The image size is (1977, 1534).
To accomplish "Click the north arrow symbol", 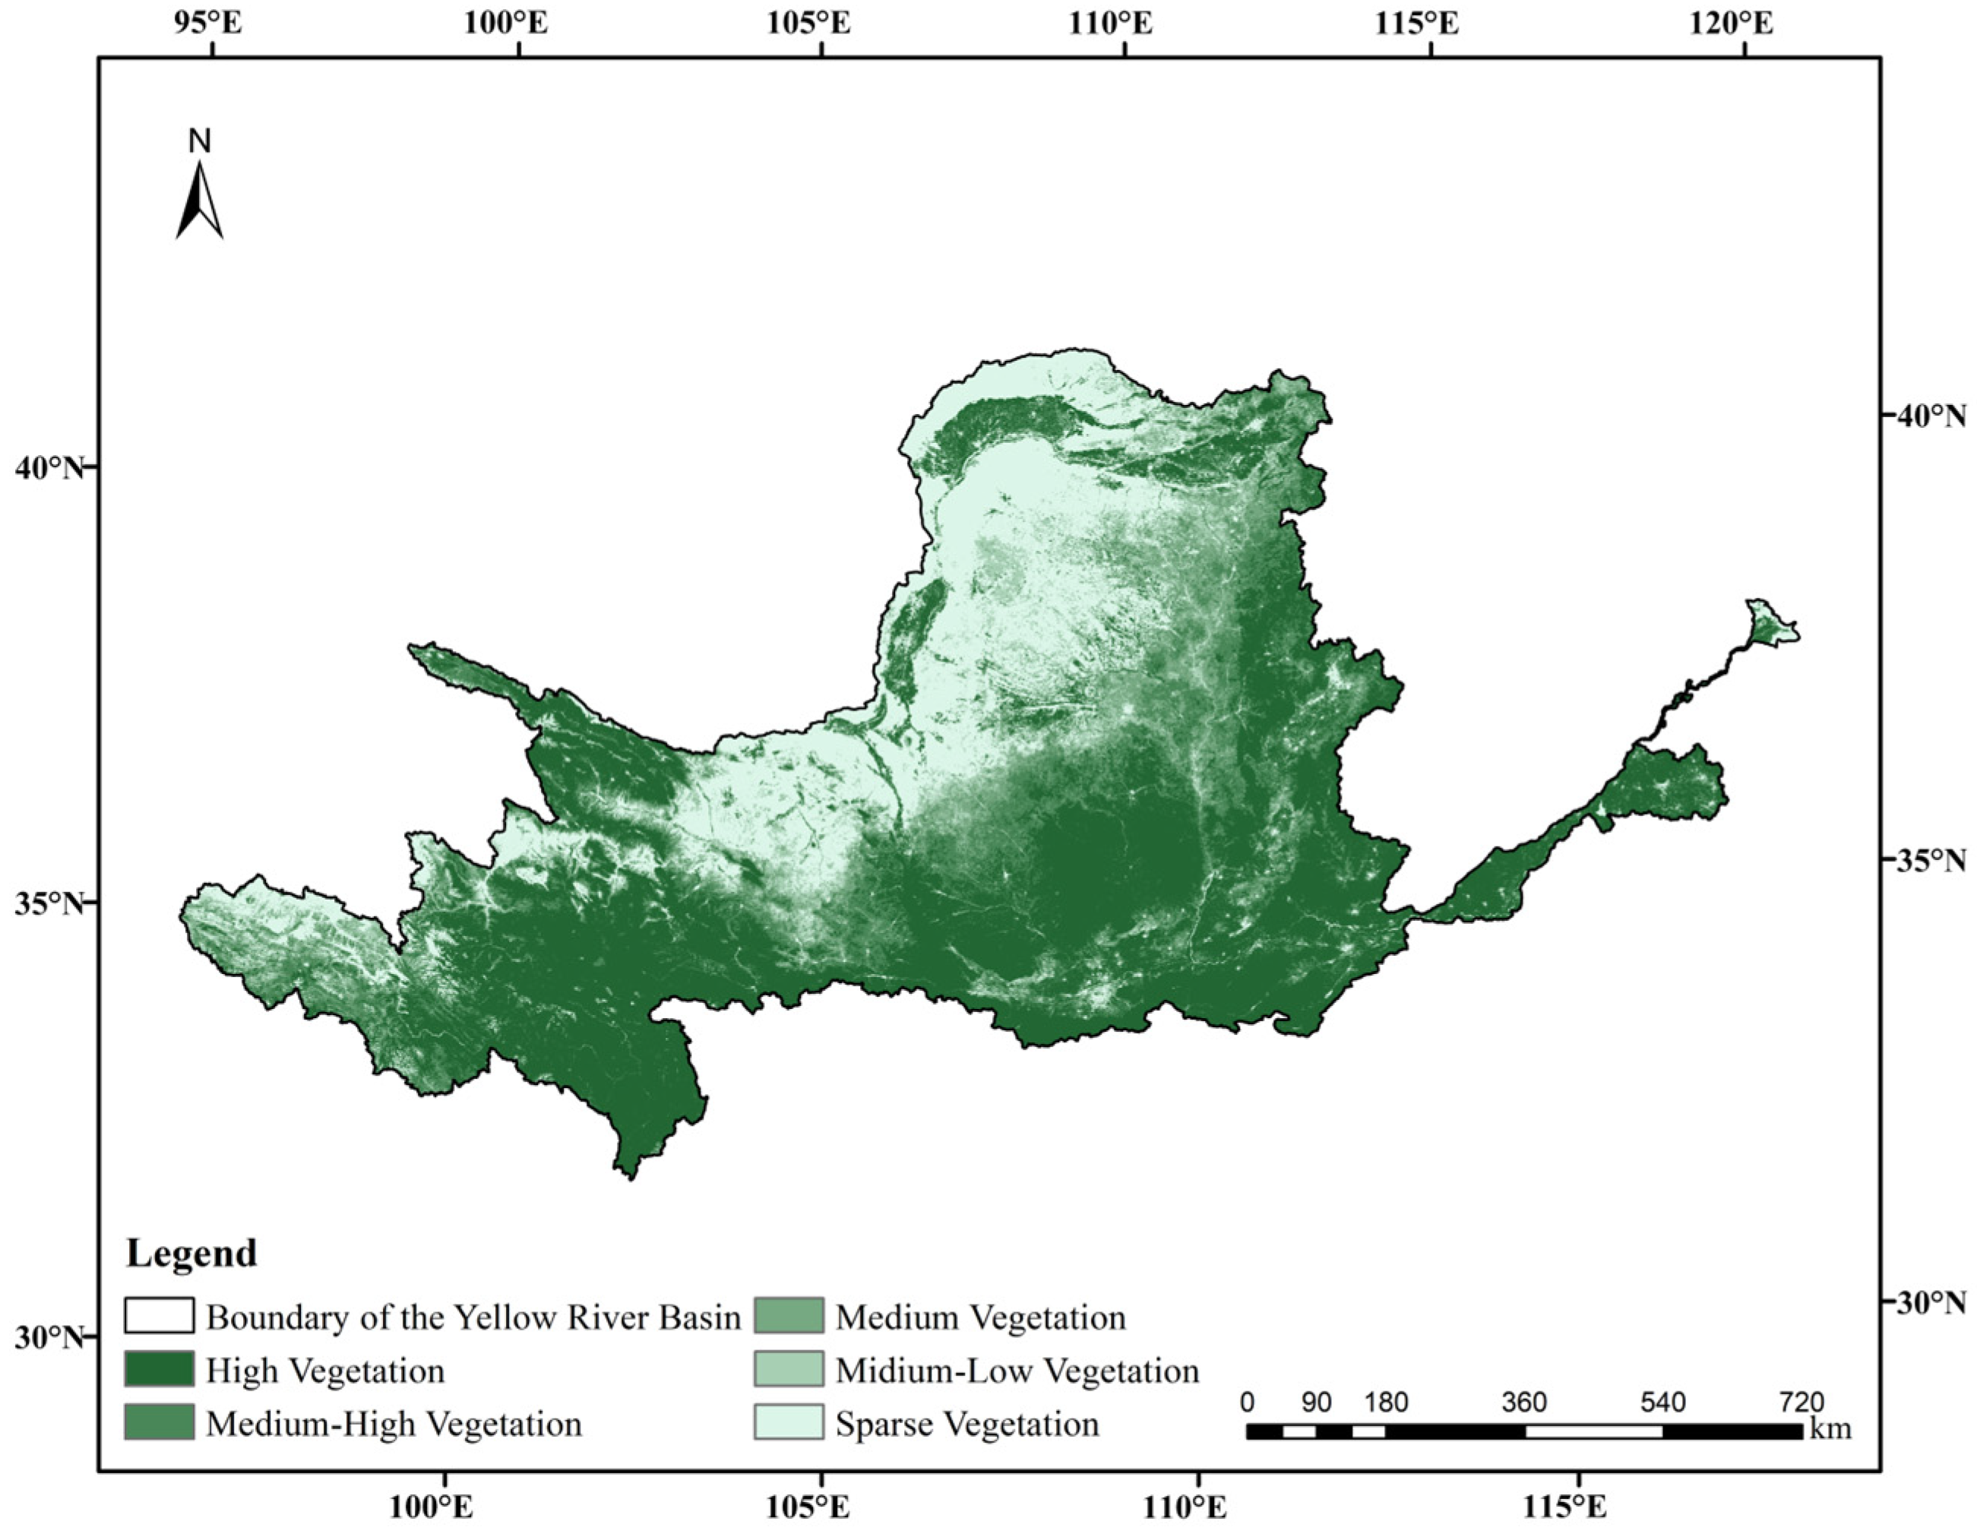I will pos(199,201).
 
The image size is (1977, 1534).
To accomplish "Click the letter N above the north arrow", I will pos(199,141).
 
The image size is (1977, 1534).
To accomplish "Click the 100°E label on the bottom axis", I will pos(444,1507).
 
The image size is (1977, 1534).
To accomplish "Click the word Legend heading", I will pos(192,1254).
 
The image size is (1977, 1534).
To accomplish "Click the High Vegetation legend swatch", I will pos(160,1370).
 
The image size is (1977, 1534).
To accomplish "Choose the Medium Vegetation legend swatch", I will pos(789,1317).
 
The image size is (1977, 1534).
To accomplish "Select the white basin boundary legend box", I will pos(160,1317).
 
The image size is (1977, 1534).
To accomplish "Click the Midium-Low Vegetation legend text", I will pos(1017,1371).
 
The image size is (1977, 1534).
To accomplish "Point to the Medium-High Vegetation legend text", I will pos(394,1425).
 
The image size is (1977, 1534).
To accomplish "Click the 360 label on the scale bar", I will pos(1524,1403).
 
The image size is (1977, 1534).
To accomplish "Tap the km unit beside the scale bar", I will pos(1830,1430).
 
